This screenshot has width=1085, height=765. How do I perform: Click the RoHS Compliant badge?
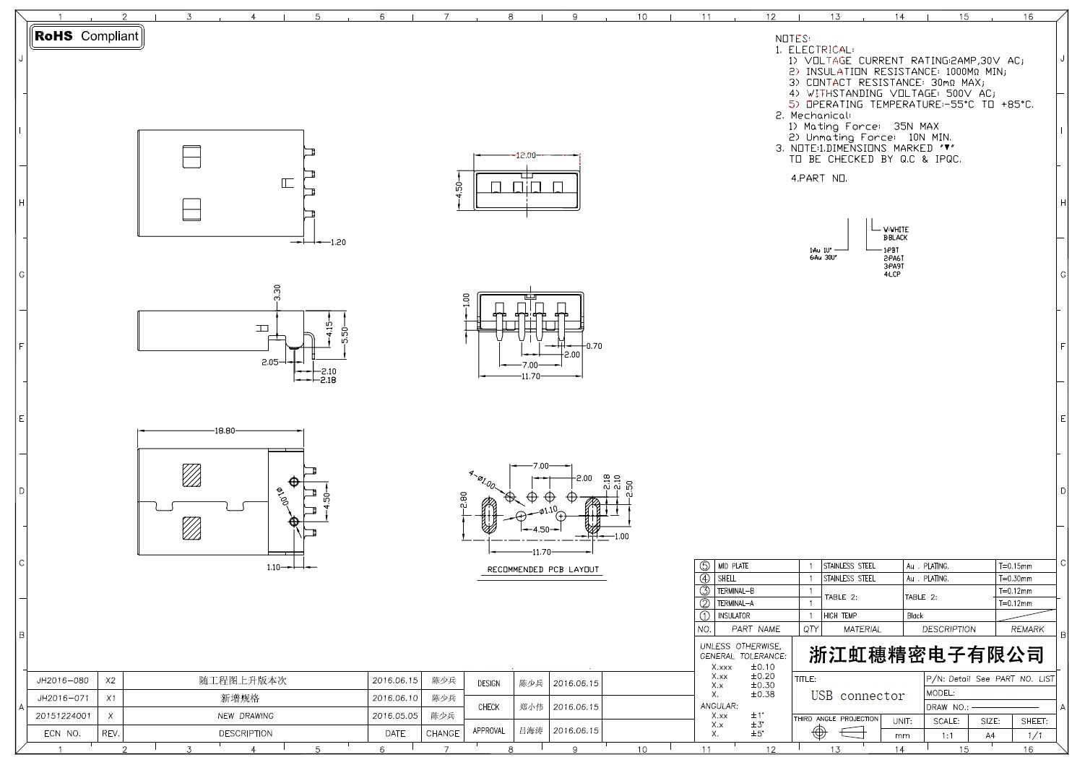87,36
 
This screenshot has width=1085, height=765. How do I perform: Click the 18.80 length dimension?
225,431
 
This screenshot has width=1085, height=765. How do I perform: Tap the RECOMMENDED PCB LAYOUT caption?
543,569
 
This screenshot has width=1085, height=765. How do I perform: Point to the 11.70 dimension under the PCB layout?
541,553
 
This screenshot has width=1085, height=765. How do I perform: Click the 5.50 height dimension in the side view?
345,334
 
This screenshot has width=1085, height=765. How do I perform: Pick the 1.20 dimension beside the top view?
338,242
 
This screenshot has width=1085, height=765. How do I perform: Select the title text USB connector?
857,696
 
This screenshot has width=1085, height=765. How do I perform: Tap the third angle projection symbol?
837,732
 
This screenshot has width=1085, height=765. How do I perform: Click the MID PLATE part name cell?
732,566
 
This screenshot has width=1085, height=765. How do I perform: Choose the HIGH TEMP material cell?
840,615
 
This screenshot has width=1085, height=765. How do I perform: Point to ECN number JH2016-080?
63,680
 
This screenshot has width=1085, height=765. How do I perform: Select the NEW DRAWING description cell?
246,716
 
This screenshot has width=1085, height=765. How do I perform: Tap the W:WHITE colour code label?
896,230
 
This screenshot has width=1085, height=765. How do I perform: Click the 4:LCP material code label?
892,275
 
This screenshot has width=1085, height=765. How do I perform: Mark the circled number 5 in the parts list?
705,566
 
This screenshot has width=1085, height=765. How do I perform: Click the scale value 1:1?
947,735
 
